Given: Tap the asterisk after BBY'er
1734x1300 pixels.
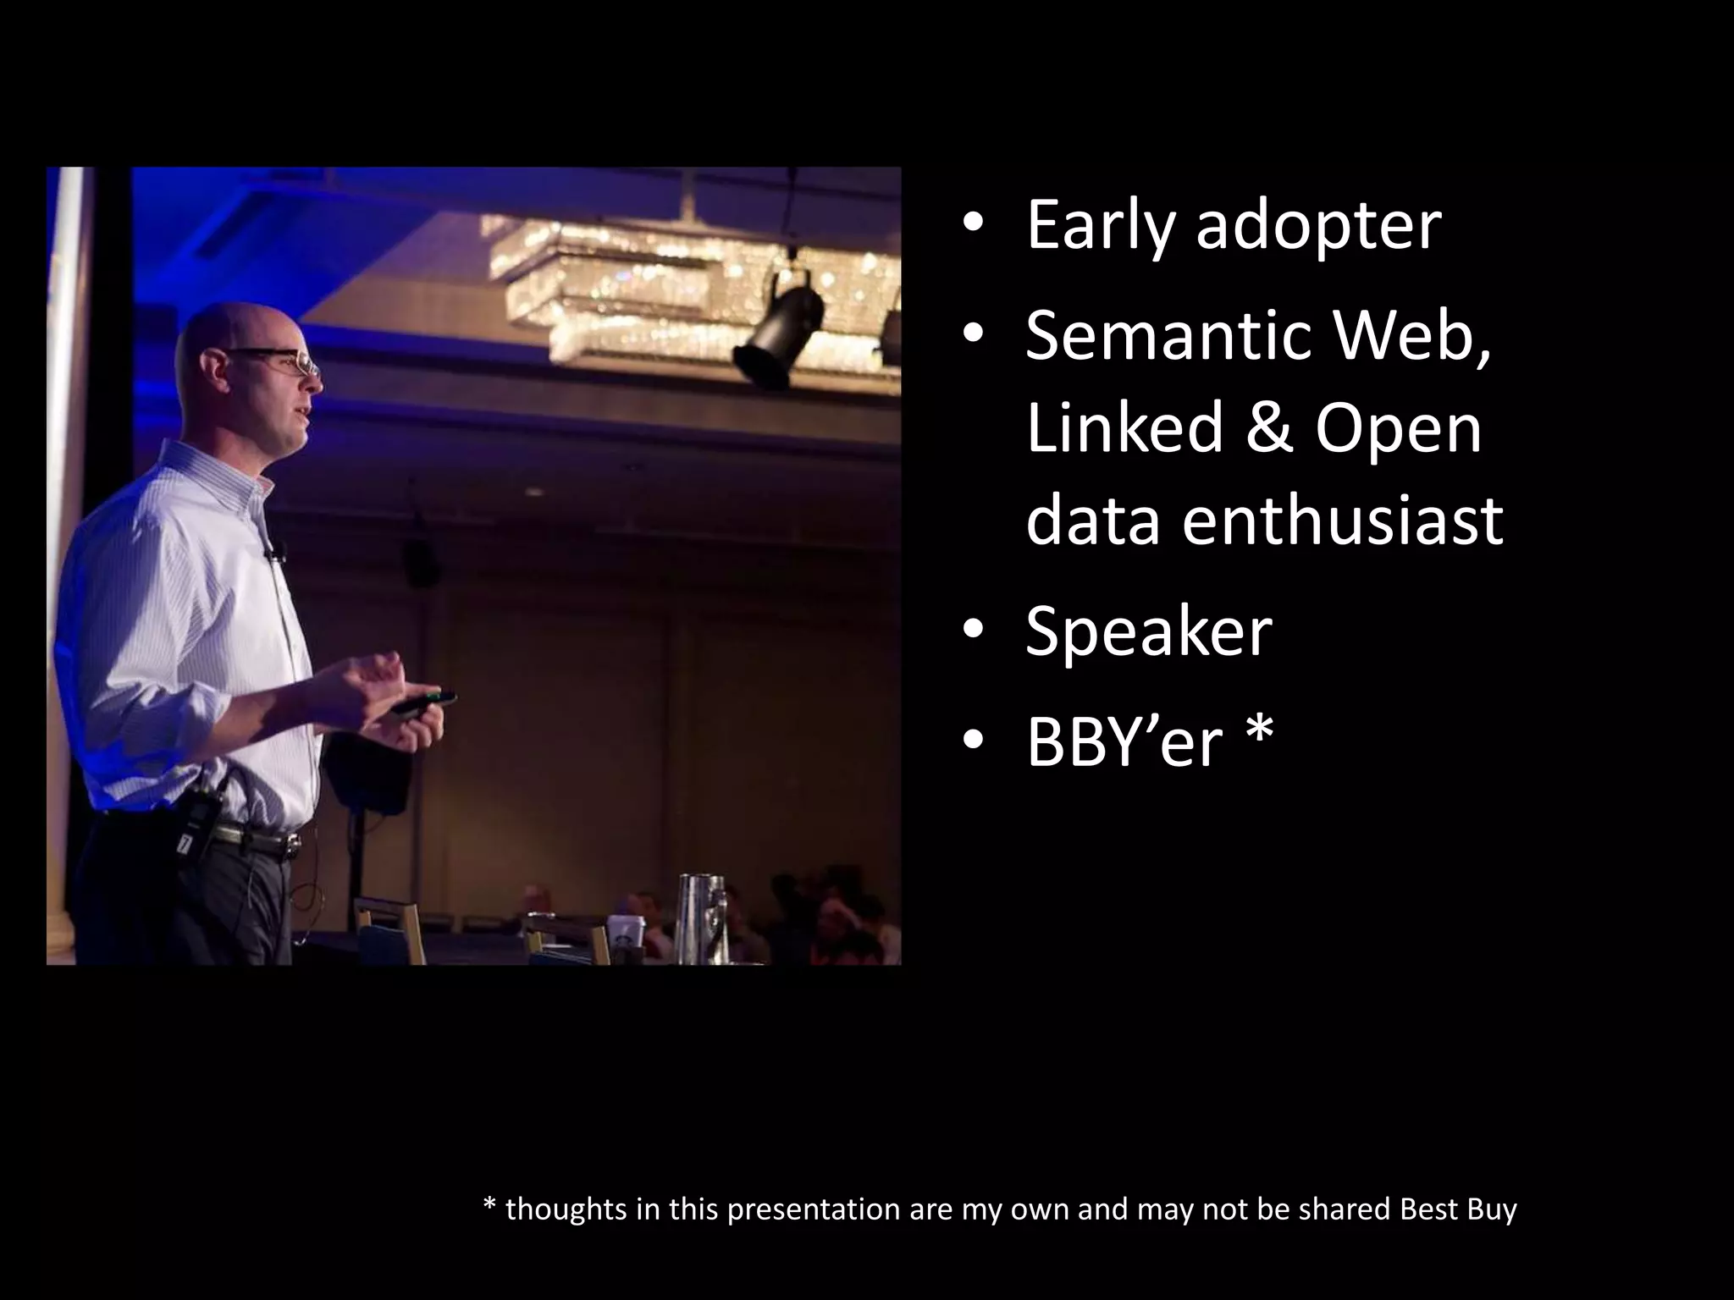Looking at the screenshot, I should click(1259, 732).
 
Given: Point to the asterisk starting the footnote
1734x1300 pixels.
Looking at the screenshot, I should click(489, 1206).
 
